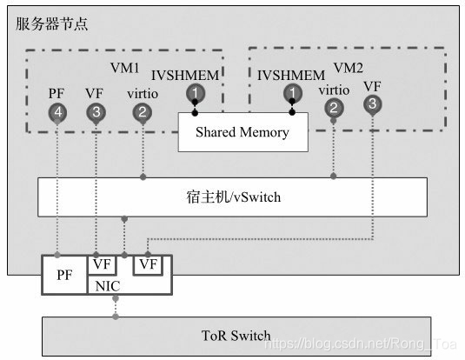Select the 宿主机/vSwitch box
tap(232, 197)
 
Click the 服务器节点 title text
tap(52, 23)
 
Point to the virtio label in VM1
tap(142, 92)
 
